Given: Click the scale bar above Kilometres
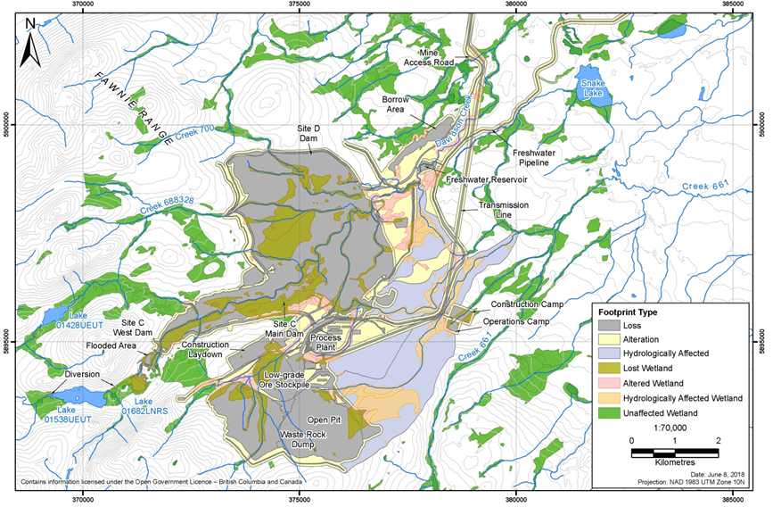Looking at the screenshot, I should (677, 453).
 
